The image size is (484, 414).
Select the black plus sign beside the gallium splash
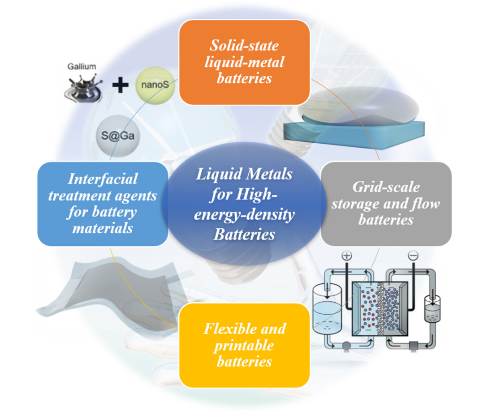tap(120, 85)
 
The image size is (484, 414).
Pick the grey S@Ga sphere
tap(118, 135)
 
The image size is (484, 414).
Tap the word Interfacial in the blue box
tap(103, 179)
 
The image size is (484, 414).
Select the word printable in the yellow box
tap(245, 346)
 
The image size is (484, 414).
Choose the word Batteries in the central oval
tap(244, 234)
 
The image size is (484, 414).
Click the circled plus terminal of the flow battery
tap(347, 256)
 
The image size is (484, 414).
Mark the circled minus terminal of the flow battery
tap(413, 256)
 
